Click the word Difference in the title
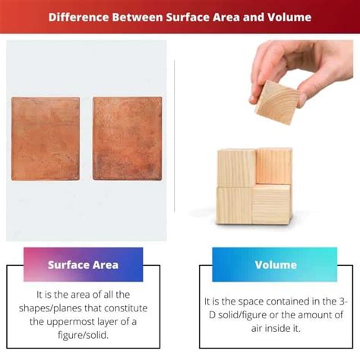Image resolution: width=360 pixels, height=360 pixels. (x=78, y=16)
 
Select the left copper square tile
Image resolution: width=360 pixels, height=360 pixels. (x=46, y=137)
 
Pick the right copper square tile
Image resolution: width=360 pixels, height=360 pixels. (x=128, y=137)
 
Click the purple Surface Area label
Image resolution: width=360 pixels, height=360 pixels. (x=83, y=265)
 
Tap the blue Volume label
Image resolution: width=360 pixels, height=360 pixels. (x=274, y=266)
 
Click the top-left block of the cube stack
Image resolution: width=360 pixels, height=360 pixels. (x=236, y=167)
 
